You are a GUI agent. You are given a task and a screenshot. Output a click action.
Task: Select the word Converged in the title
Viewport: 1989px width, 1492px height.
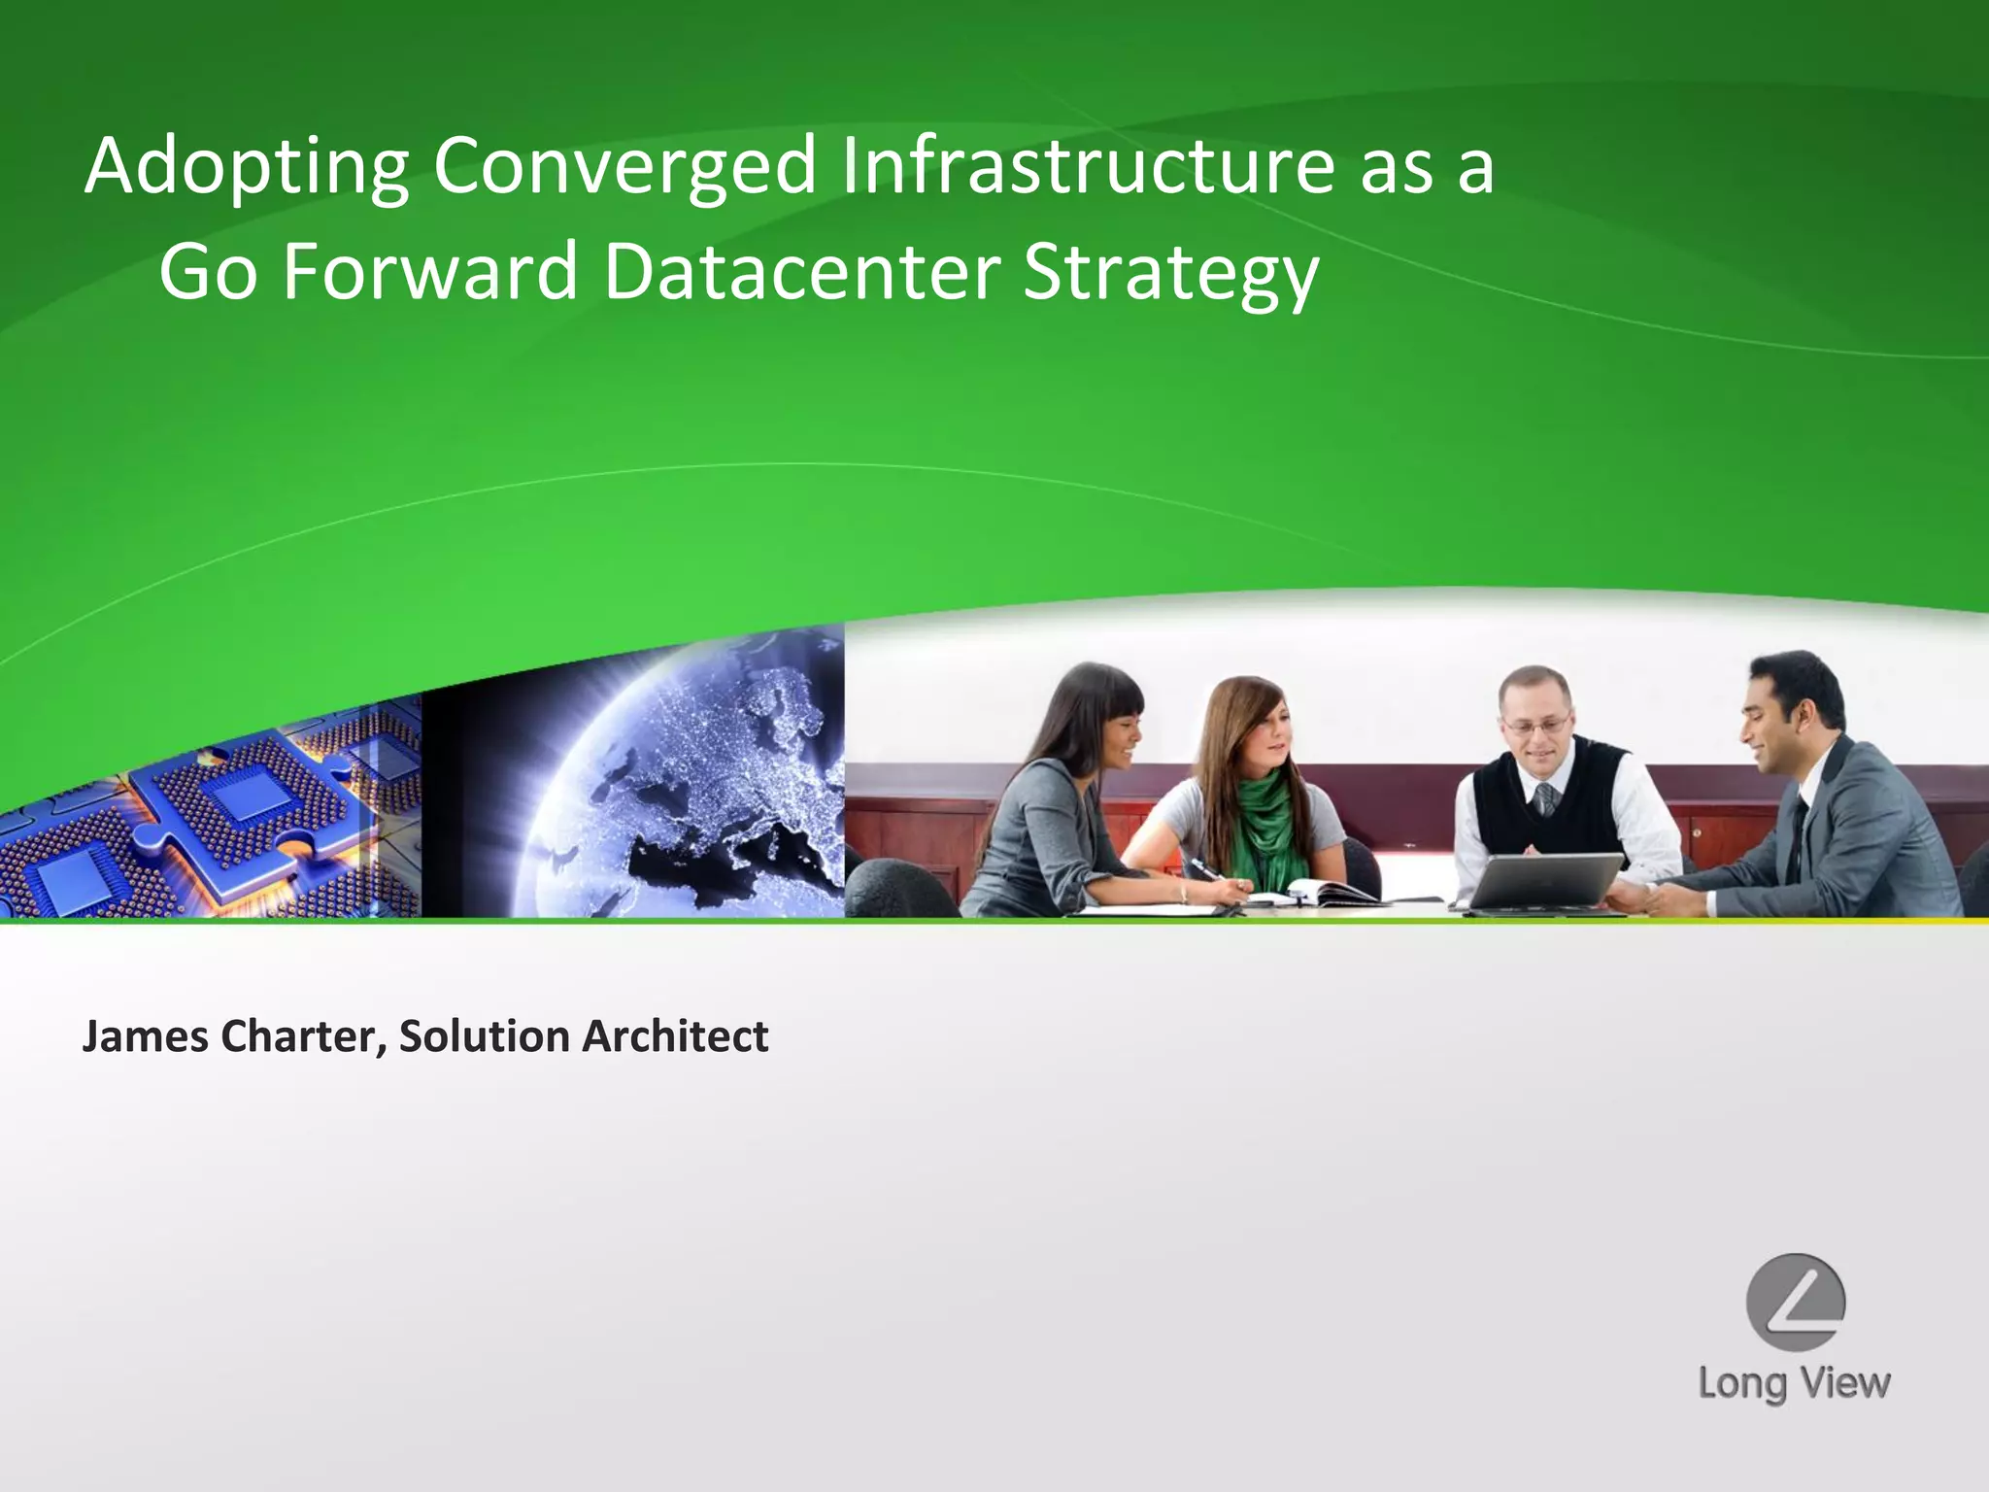coord(624,167)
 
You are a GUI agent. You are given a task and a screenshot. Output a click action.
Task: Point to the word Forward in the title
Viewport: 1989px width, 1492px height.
coord(430,272)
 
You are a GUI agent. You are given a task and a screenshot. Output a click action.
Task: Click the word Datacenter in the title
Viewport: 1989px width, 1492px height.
coord(801,272)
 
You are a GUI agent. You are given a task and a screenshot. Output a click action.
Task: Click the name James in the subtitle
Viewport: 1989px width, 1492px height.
coord(145,1036)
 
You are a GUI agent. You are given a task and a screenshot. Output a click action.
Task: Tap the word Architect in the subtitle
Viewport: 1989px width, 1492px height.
coord(675,1036)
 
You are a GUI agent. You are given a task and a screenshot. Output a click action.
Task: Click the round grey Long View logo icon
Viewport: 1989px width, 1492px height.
coord(1795,1302)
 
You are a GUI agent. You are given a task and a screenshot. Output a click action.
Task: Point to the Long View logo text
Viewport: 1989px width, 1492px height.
coord(1794,1382)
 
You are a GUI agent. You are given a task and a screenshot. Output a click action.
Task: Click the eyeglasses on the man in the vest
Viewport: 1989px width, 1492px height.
coord(1534,724)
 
